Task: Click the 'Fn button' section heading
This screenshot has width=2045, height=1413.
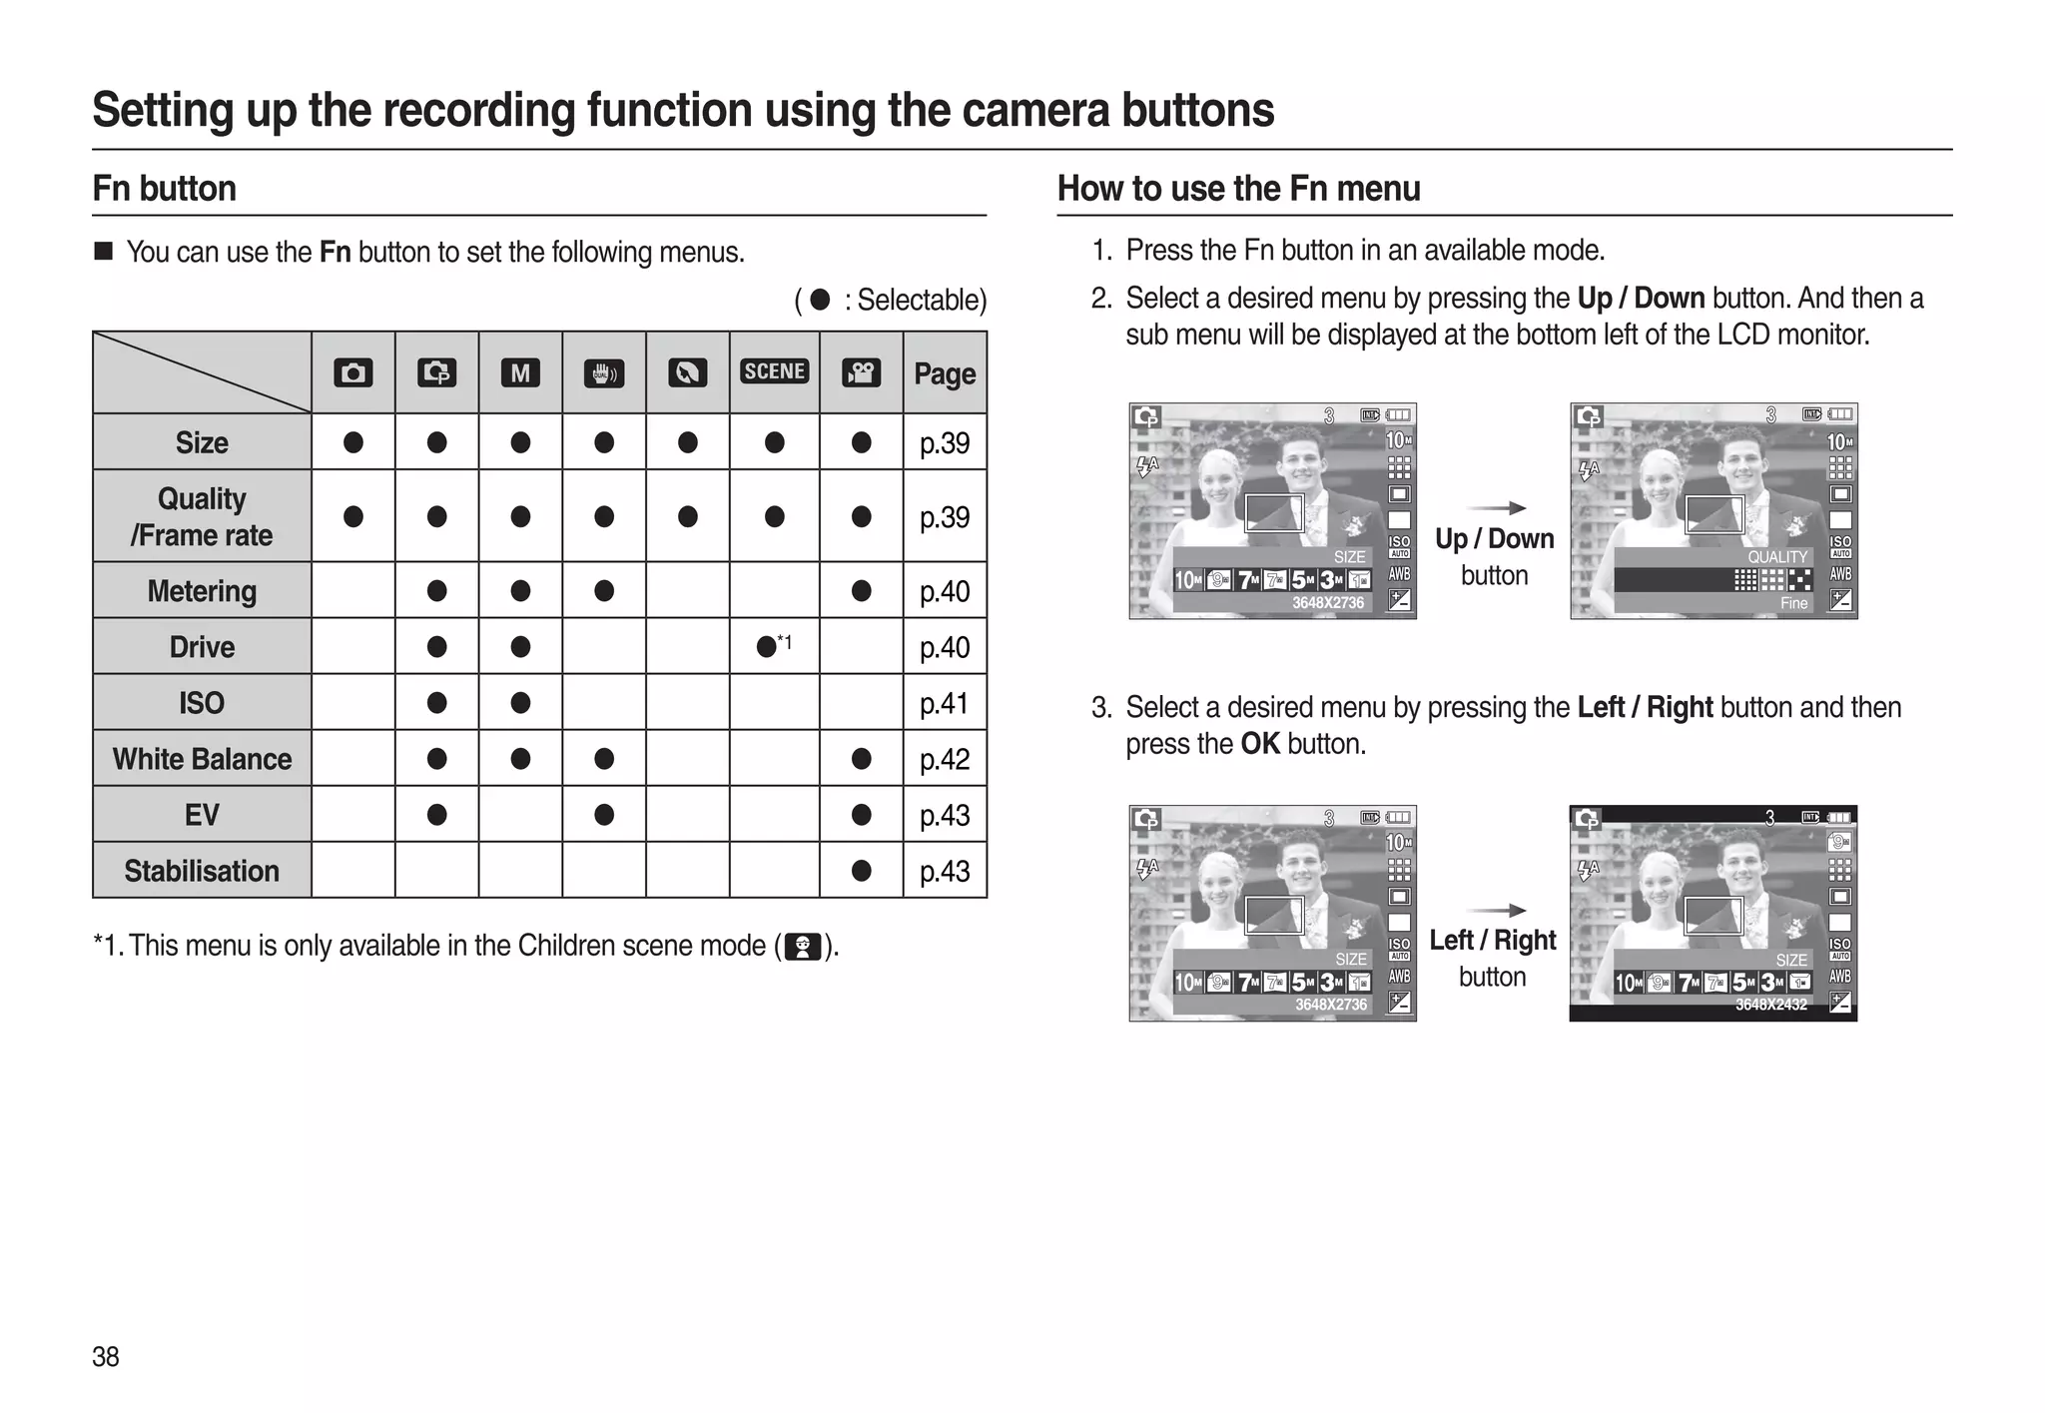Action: (x=164, y=189)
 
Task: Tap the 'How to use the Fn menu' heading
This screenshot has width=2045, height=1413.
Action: (x=1238, y=189)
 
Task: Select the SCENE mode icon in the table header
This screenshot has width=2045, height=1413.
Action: (x=774, y=371)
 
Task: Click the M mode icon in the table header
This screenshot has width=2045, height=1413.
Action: (x=520, y=373)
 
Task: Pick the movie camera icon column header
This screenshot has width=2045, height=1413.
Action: (x=861, y=373)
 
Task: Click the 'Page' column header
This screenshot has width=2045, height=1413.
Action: (x=945, y=373)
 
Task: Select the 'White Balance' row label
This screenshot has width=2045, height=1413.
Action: (x=202, y=759)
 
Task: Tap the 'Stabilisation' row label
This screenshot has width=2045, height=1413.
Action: (x=202, y=871)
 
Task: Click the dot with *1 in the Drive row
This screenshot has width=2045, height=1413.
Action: (x=767, y=647)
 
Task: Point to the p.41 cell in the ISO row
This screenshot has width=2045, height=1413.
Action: (x=945, y=703)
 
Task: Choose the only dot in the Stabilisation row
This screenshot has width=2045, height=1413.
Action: (x=861, y=871)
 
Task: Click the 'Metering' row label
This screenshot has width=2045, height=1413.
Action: (x=202, y=591)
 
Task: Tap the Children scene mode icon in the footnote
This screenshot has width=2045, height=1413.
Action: (x=803, y=946)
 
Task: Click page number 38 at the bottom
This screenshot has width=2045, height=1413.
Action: (x=106, y=1356)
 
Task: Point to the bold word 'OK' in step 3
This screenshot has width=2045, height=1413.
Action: (x=1260, y=744)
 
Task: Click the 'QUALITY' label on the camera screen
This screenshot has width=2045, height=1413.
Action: (x=1776, y=557)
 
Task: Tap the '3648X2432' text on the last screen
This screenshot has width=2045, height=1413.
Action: (x=1770, y=1005)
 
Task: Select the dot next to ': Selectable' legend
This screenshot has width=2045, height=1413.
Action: (x=820, y=300)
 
